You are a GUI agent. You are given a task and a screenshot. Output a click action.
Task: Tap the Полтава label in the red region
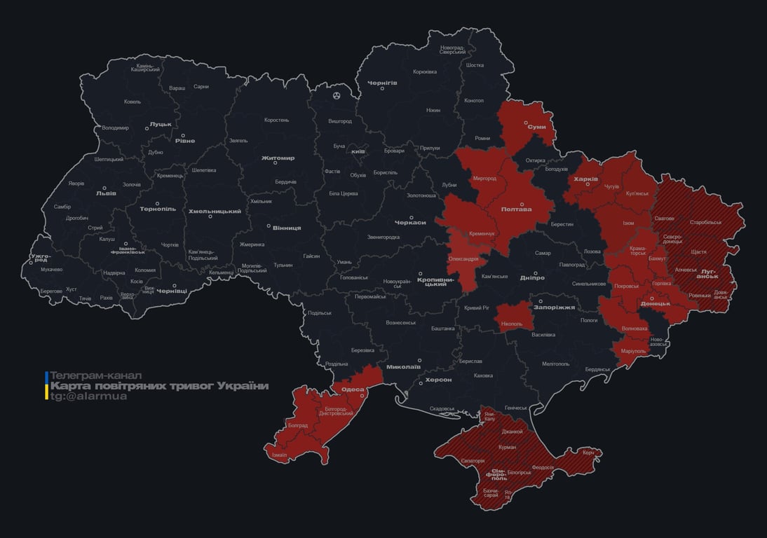pos(516,209)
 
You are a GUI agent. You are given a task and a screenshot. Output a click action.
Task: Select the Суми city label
pos(536,127)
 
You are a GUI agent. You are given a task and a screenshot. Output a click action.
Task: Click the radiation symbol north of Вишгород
pos(337,95)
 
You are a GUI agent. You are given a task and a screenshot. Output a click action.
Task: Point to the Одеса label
pos(352,389)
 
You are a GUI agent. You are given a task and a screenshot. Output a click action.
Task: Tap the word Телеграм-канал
pos(96,375)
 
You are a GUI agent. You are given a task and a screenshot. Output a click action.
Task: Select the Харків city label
pos(586,179)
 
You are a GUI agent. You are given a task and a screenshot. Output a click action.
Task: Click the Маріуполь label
pos(633,351)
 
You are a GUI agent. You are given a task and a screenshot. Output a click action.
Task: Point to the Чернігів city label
pos(382,83)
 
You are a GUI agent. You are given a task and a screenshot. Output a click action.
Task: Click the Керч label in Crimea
pos(588,453)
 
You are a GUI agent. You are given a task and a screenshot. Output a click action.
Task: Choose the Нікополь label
pos(512,324)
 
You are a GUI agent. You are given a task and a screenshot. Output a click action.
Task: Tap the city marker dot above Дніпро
pos(536,273)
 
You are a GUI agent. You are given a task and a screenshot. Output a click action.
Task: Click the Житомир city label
pos(278,158)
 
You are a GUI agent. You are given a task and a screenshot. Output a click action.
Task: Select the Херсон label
pos(439,380)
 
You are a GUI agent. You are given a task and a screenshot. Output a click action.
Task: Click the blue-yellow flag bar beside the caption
pos(46,386)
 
